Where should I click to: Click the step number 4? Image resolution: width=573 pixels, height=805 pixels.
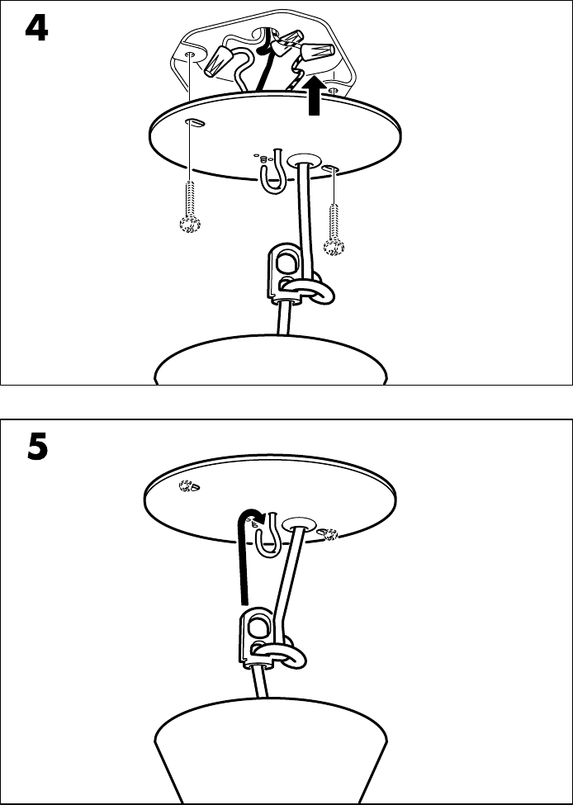[x=36, y=29]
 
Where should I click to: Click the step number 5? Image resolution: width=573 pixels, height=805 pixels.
[x=37, y=447]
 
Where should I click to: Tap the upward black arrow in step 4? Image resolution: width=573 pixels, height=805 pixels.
[x=314, y=95]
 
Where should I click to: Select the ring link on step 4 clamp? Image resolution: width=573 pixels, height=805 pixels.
[x=308, y=291]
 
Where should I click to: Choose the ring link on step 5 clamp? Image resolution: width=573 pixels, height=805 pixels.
[x=280, y=654]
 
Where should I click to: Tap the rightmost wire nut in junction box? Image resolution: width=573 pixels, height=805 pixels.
[x=318, y=51]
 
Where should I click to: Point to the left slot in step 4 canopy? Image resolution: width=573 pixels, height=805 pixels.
[x=195, y=121]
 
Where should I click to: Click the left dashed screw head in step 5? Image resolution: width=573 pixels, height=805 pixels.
[x=190, y=485]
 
